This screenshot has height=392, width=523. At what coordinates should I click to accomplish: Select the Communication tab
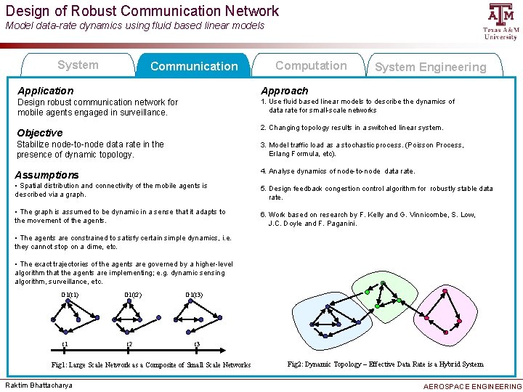tap(193, 67)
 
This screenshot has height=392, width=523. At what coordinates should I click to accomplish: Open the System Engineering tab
tap(430, 68)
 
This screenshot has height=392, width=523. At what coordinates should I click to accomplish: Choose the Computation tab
tap(310, 65)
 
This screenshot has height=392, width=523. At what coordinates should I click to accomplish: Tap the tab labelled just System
tap(78, 65)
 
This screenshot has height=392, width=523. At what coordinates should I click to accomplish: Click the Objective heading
tap(39, 133)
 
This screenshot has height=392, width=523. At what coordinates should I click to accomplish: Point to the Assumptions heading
tap(46, 175)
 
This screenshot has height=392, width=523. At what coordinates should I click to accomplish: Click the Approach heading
tap(285, 91)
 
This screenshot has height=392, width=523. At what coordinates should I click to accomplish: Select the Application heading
tap(44, 91)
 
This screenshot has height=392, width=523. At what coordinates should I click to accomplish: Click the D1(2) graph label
tap(133, 295)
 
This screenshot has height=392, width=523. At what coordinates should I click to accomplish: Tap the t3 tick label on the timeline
tap(197, 344)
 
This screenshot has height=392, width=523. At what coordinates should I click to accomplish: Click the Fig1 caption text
tap(151, 365)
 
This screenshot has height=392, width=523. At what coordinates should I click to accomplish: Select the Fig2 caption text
tap(385, 364)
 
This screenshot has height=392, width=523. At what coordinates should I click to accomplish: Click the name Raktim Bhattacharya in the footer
tap(38, 385)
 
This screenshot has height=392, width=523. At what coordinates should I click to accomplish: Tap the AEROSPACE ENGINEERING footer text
tap(471, 386)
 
